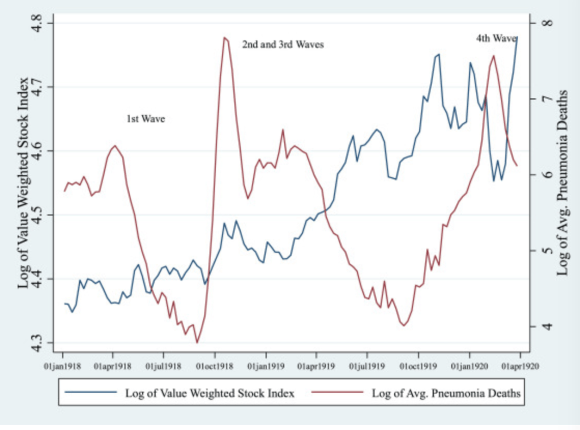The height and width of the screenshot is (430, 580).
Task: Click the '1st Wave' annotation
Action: point(146,119)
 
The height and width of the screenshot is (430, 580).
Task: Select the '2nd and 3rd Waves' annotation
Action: point(283,44)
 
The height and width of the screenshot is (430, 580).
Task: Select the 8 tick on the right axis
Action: point(547,23)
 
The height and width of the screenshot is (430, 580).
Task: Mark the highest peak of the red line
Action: point(225,38)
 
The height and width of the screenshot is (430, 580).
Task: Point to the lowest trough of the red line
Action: point(197,342)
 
